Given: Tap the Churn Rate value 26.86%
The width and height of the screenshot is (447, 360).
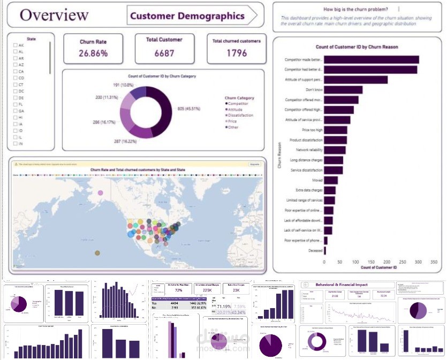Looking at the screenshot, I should pyautogui.click(x=93, y=53).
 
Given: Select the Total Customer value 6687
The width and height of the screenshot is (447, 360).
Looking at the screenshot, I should pyautogui.click(x=164, y=53).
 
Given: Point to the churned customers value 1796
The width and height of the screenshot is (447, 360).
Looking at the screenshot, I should pyautogui.click(x=236, y=53).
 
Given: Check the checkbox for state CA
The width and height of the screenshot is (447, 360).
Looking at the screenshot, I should pyautogui.click(x=15, y=71).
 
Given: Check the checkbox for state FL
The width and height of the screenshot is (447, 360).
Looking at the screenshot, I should pyautogui.click(x=15, y=104).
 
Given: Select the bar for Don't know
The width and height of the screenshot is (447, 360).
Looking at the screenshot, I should pyautogui.click(x=343, y=90).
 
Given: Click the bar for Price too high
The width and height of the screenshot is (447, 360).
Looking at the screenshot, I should pyautogui.click(x=335, y=130).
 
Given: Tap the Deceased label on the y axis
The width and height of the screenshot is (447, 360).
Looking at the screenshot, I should pyautogui.click(x=315, y=250).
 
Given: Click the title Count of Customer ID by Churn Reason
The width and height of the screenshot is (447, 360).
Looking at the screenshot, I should pyautogui.click(x=357, y=47).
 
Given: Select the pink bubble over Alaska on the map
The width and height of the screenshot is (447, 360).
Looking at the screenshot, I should pyautogui.click(x=100, y=193).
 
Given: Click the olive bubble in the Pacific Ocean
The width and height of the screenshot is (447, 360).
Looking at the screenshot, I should pyautogui.click(x=97, y=252).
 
